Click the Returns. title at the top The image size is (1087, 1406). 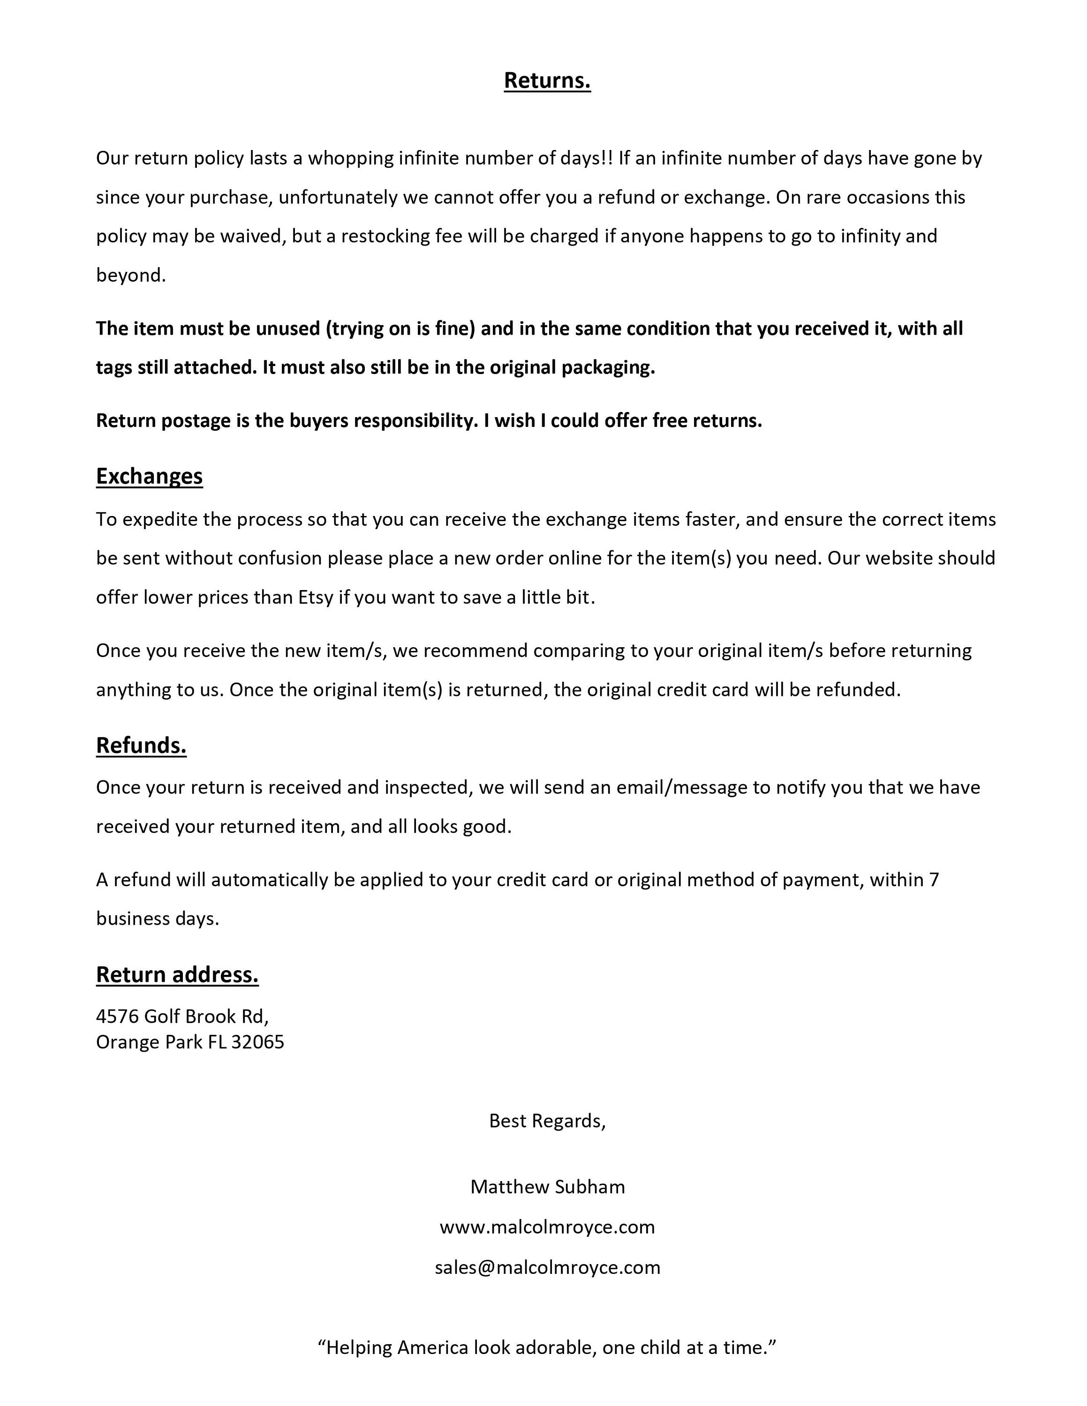pyautogui.click(x=547, y=81)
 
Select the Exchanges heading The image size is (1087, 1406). pyautogui.click(x=150, y=476)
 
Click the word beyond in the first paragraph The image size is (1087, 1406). pyautogui.click(x=131, y=276)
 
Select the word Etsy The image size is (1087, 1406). pyautogui.click(x=316, y=598)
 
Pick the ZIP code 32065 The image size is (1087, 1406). pyautogui.click(x=257, y=1042)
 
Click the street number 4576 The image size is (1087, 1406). pyautogui.click(x=117, y=1016)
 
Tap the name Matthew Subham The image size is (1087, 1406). pyautogui.click(x=547, y=1187)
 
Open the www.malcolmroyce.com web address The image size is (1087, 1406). pyautogui.click(x=547, y=1227)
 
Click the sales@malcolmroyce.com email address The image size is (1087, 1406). pyautogui.click(x=547, y=1267)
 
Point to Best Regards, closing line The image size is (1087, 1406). pyautogui.click(x=547, y=1121)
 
